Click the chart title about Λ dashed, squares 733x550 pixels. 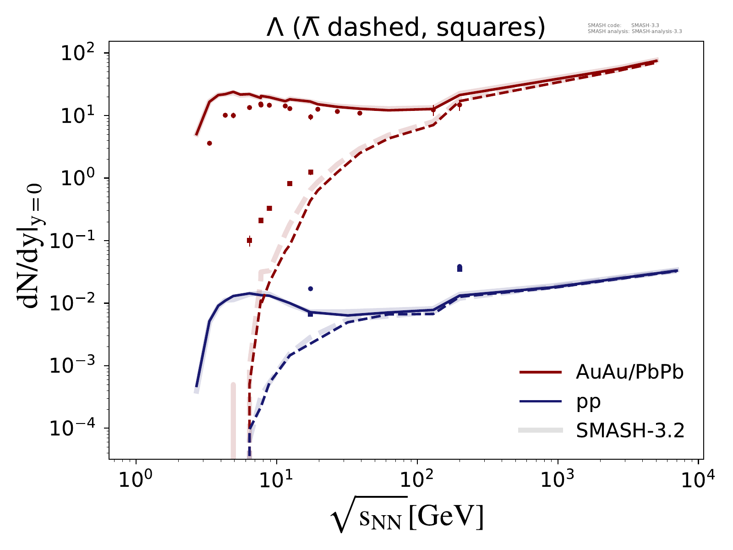pos(405,28)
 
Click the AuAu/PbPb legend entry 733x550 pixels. pos(629,373)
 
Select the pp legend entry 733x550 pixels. pos(588,401)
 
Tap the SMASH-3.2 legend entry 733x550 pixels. pos(630,430)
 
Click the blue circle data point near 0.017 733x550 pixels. pos(311,289)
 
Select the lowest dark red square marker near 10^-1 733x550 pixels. pos(249,240)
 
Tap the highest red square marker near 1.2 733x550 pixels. pos(311,172)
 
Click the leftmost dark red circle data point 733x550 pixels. pos(209,143)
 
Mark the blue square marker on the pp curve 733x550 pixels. pos(311,314)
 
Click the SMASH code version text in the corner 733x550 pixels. pos(623,25)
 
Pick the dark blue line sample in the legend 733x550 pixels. pos(541,401)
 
